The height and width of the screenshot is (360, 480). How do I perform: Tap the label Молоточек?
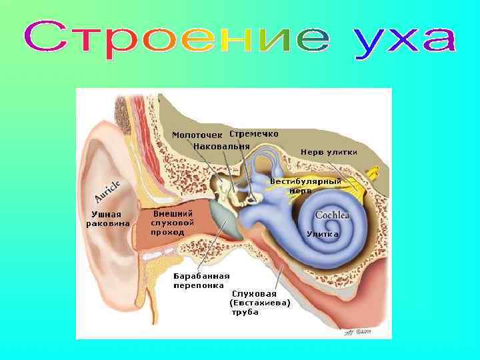pyautogui.click(x=197, y=135)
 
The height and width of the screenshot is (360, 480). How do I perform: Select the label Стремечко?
pyautogui.click(x=254, y=133)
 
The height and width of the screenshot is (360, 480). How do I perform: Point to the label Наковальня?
pyautogui.click(x=222, y=146)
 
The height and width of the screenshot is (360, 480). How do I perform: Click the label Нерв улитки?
pyautogui.click(x=329, y=152)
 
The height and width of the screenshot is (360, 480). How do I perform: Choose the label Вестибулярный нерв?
pyautogui.click(x=306, y=185)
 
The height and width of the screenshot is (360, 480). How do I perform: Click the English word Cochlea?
pyautogui.click(x=332, y=215)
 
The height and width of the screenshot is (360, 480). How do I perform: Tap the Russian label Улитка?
pyautogui.click(x=323, y=234)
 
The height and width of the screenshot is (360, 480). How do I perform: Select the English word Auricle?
pyautogui.click(x=107, y=191)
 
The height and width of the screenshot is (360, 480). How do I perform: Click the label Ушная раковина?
pyautogui.click(x=107, y=219)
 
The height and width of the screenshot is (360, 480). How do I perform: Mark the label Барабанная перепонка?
pyautogui.click(x=201, y=281)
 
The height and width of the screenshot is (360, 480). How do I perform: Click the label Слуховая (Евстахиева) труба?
pyautogui.click(x=259, y=303)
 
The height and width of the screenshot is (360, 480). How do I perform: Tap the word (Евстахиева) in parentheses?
pyautogui.click(x=259, y=303)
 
